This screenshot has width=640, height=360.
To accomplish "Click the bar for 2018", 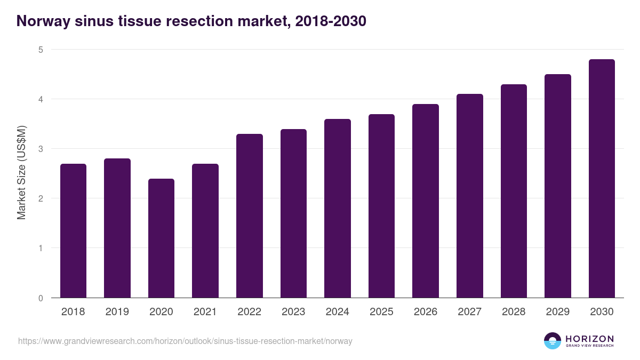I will click(73, 230).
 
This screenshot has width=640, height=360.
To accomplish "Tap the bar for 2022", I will click(249, 215).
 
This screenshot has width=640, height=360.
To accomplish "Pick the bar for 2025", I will click(381, 206).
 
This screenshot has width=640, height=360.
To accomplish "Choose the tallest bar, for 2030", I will click(602, 178).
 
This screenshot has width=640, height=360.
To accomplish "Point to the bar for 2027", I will click(469, 196).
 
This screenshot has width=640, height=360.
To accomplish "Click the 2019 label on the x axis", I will click(117, 312).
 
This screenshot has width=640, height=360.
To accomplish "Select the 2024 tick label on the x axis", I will click(337, 312).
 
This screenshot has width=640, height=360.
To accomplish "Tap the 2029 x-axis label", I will click(557, 312).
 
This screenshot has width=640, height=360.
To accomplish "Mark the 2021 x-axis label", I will click(205, 312).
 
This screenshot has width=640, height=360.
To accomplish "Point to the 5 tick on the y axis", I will click(40, 50).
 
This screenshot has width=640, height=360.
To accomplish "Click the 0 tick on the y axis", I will click(40, 298).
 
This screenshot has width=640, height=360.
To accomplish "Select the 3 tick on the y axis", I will click(40, 149).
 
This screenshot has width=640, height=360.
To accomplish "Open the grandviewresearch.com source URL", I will click(185, 341).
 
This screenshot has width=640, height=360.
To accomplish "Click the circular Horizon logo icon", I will click(553, 341).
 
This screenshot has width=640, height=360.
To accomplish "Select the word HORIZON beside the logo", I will click(589, 338).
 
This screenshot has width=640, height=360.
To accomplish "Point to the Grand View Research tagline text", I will click(589, 346).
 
